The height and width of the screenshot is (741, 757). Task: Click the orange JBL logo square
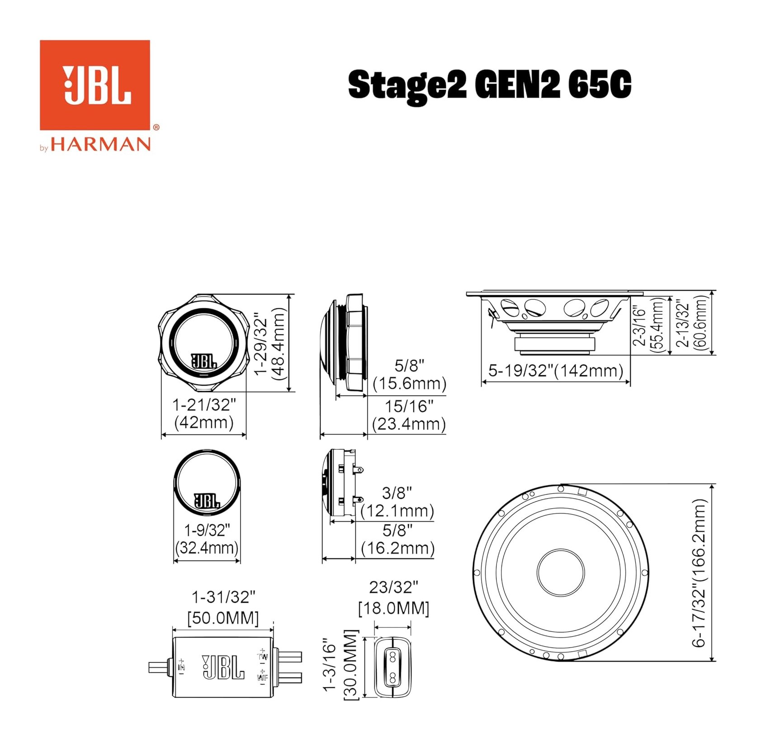(x=95, y=85)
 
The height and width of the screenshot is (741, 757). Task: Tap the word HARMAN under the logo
(x=100, y=145)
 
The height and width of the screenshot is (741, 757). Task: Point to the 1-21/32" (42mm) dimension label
(x=204, y=413)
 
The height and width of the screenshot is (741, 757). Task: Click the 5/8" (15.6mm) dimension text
(x=410, y=374)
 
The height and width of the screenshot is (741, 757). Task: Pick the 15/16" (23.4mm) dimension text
(x=409, y=415)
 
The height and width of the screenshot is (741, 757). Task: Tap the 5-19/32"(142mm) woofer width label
(x=556, y=370)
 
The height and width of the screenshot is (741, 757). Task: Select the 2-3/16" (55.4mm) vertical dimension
(x=648, y=324)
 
